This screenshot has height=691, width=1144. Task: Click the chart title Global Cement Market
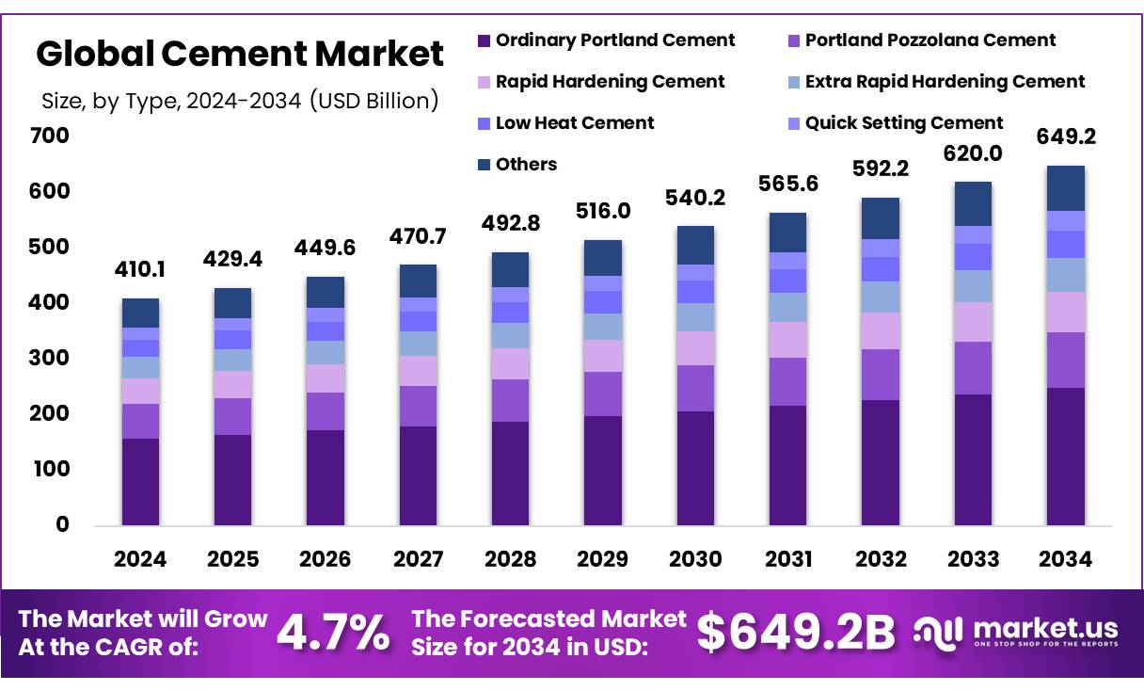[x=240, y=54]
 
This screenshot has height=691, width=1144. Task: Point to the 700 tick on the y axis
[x=51, y=136]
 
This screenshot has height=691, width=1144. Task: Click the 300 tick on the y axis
[x=51, y=359]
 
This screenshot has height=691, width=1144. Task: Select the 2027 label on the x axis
[x=418, y=559]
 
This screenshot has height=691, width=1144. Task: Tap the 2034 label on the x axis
[x=1065, y=559]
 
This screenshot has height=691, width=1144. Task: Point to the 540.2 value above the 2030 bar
[x=695, y=199]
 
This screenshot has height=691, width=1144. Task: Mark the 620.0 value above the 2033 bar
[x=973, y=154]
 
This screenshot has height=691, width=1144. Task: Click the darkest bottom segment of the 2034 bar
[x=1065, y=457]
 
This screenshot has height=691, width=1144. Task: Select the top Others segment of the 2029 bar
[x=602, y=258]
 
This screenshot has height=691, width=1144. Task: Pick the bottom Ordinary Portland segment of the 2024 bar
[x=140, y=481]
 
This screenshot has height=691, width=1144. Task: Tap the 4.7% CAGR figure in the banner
[x=333, y=633]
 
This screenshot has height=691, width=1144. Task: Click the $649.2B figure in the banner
[x=796, y=633]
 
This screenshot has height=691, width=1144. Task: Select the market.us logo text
[x=1044, y=628]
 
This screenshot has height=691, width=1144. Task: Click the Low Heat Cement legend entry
[x=574, y=123]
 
